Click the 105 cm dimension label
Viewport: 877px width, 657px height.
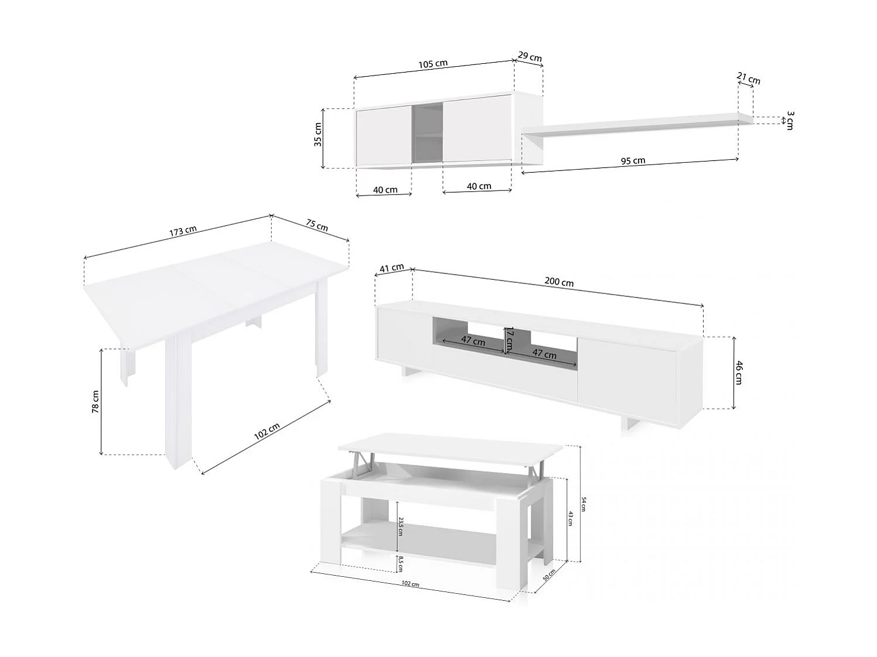click(434, 64)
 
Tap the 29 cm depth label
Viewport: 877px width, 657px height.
click(530, 57)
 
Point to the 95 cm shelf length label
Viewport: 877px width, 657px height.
click(633, 160)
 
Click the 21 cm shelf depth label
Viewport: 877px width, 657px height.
click(748, 78)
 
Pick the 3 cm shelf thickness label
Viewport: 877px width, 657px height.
click(790, 120)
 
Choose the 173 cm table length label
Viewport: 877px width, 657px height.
click(183, 230)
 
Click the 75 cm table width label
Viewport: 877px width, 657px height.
click(317, 225)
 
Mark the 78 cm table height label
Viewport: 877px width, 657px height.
click(95, 402)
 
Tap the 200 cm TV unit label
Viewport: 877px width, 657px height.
click(559, 282)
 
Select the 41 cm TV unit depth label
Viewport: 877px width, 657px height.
click(392, 268)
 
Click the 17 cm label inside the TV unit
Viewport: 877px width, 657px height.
click(510, 338)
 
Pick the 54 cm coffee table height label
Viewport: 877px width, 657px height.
click(583, 502)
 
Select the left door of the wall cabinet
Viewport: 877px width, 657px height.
click(383, 136)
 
